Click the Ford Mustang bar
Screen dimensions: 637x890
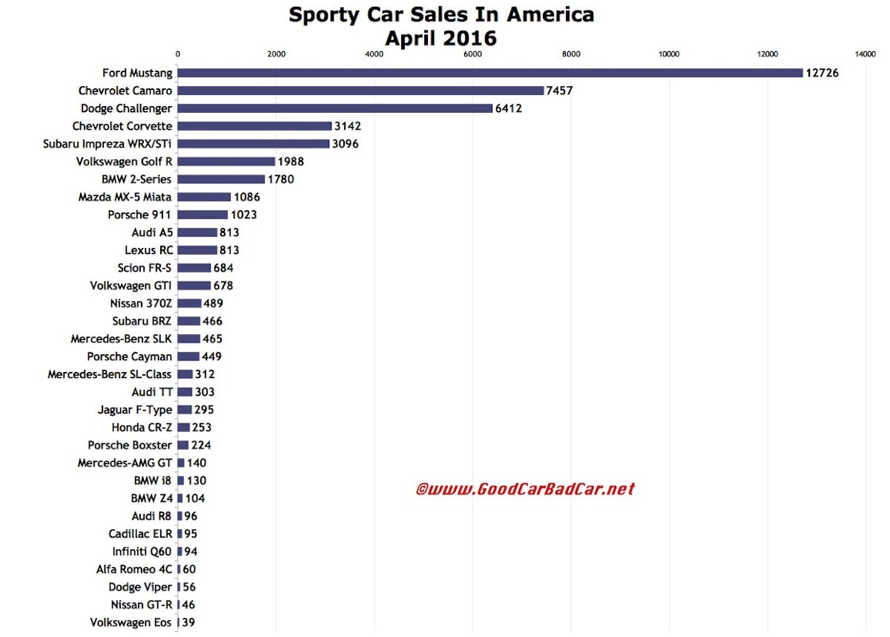[x=489, y=73]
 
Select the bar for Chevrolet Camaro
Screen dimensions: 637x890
[x=360, y=91]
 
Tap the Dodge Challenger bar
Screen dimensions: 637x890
[x=334, y=108]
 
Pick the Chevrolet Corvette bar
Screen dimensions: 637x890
[x=254, y=126]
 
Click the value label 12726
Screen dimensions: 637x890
[x=823, y=73]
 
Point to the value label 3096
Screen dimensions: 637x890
[x=346, y=144]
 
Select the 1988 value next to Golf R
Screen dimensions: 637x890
[x=291, y=161]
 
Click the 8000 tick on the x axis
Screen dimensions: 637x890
[x=570, y=54]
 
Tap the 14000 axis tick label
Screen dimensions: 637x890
[x=865, y=54]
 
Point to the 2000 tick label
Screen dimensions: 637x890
[x=276, y=54]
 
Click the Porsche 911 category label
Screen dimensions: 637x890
[x=139, y=215]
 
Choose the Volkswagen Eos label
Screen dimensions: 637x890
[x=131, y=622]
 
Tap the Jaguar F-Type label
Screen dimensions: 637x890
[x=134, y=410]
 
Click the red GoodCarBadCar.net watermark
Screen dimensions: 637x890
[x=524, y=489]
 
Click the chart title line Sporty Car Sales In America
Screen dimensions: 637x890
[x=441, y=15]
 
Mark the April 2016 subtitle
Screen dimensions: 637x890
[x=441, y=37]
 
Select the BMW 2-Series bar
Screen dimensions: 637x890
[x=221, y=179]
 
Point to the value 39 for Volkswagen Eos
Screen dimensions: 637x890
[x=188, y=622]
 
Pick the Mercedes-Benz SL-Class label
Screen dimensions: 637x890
[x=110, y=374]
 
